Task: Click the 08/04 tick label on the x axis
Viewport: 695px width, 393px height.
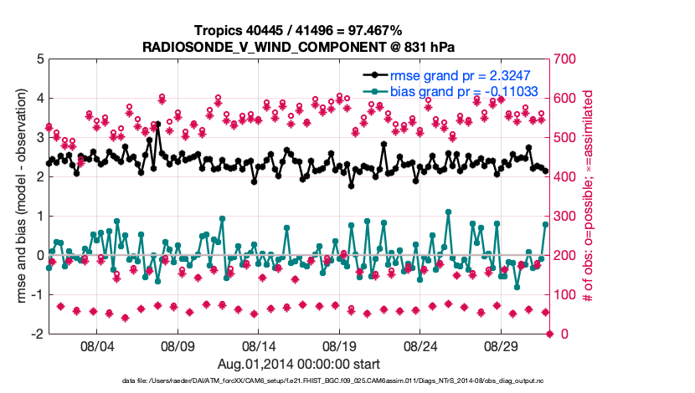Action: [x=95, y=345]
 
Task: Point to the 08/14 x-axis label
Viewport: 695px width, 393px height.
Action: [x=259, y=345]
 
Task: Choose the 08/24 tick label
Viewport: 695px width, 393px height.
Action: [x=421, y=345]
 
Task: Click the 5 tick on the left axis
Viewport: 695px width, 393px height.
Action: [x=39, y=59]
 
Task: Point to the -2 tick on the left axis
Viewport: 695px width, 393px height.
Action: [x=37, y=334]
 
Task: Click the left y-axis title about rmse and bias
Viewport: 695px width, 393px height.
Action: [x=18, y=196]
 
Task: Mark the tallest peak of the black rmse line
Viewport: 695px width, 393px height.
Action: [x=157, y=124]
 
